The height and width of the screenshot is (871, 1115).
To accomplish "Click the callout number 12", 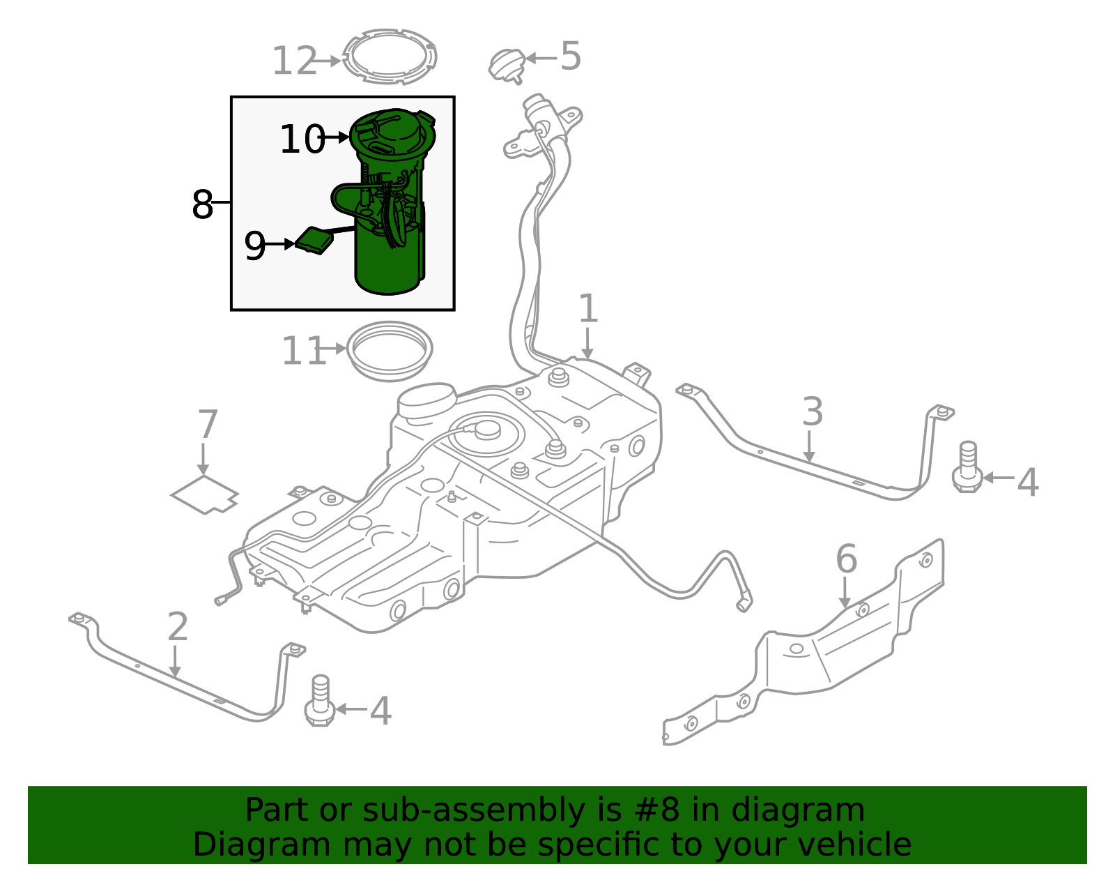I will (x=293, y=61).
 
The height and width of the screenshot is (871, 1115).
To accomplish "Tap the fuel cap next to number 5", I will (x=507, y=66).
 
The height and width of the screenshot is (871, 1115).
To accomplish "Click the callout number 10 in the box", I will (x=302, y=139).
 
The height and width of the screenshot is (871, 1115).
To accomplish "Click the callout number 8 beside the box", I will (x=202, y=205).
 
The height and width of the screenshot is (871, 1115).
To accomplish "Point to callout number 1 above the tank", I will (x=588, y=309).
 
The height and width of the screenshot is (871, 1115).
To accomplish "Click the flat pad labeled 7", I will (x=204, y=494).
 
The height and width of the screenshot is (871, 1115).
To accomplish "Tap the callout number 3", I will (x=813, y=412).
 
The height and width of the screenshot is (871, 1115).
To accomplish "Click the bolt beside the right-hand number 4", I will (x=967, y=468).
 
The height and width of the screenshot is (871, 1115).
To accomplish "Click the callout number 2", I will (x=178, y=627).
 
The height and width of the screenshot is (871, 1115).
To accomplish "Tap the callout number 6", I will (x=846, y=559).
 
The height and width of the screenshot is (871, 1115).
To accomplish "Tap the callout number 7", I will (x=207, y=425).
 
